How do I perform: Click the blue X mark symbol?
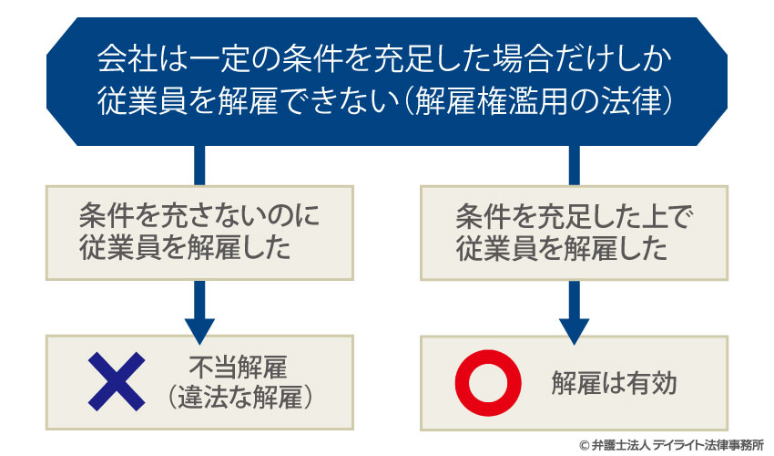(116, 382)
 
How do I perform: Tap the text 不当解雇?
(239, 368)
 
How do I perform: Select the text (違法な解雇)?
(240, 397)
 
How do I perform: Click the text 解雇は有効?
(614, 383)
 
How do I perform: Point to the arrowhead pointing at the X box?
(199, 327)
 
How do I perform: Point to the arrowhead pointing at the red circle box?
(573, 327)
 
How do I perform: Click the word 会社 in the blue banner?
(120, 62)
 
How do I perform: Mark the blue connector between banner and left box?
(199, 165)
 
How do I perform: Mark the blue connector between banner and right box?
(574, 165)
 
